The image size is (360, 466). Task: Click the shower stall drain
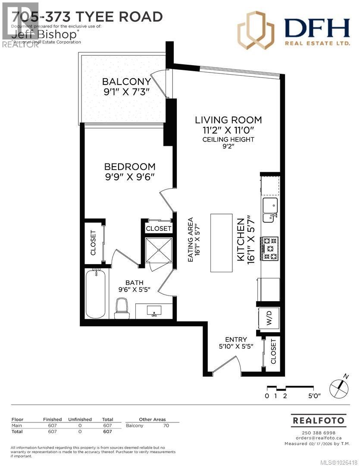pos(159,250)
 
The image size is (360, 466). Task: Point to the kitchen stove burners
pos(270,251)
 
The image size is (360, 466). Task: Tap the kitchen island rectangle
pos(221,243)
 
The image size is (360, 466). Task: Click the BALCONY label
pos(126,82)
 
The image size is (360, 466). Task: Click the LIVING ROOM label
pos(228,120)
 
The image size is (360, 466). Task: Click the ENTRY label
pos(235,339)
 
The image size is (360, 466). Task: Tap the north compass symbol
pos(338,387)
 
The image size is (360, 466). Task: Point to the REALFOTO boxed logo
pos(318,420)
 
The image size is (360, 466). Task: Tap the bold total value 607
pos(107,431)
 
